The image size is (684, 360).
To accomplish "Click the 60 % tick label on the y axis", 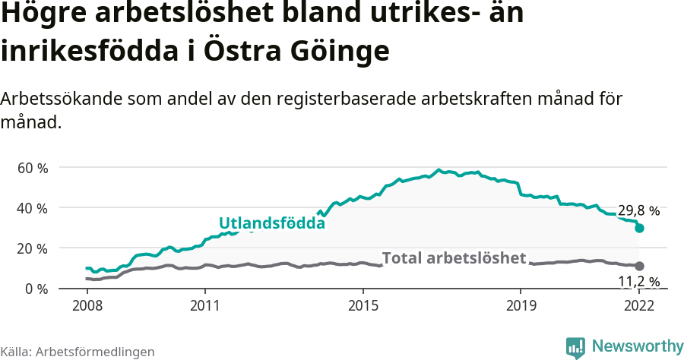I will [x=32, y=167].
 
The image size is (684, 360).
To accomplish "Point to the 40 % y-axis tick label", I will [x=32, y=207].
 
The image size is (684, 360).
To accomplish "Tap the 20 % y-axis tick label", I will [x=32, y=248].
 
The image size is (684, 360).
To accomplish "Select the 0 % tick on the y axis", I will [x=36, y=289].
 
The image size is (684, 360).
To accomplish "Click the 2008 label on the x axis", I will [x=87, y=306].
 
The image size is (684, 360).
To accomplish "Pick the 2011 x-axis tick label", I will [x=205, y=306].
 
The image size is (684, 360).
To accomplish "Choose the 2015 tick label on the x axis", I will [x=363, y=306].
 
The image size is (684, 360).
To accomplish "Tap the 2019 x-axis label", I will [x=521, y=306].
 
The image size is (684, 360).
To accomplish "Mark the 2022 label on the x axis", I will [x=639, y=306].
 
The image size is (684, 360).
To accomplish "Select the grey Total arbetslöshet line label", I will [x=454, y=258].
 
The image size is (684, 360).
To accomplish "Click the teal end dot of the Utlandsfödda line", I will [x=639, y=228].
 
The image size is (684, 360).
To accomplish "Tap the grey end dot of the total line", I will [x=639, y=266].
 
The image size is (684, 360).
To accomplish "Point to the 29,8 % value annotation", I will [x=638, y=210].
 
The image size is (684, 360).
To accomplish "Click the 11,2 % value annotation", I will [x=638, y=282].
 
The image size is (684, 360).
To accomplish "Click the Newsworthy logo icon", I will [x=575, y=346].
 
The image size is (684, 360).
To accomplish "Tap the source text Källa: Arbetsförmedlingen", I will [x=78, y=352].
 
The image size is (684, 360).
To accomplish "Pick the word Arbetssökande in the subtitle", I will [x=54, y=99].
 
